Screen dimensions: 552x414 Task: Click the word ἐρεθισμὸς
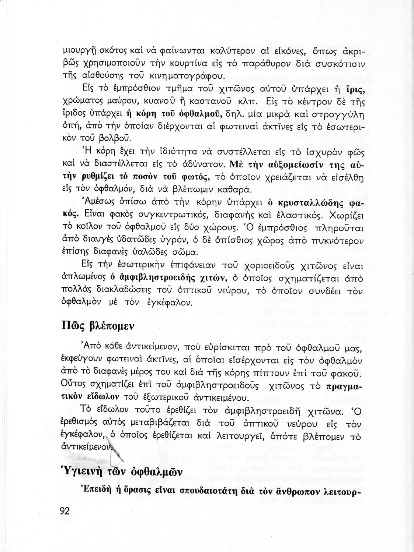click(x=79, y=423)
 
